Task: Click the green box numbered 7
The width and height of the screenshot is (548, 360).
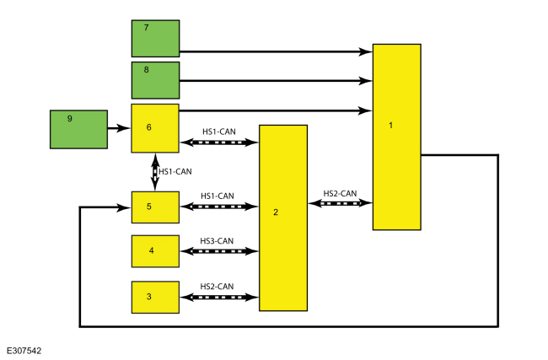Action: pos(155,38)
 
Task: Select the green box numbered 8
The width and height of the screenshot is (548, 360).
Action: pos(155,80)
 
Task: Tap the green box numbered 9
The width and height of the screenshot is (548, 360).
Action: pos(78,130)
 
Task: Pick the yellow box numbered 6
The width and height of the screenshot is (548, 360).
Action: pos(155,128)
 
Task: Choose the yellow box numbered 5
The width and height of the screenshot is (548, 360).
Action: pos(155,207)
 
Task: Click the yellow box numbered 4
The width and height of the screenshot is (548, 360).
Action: pos(155,250)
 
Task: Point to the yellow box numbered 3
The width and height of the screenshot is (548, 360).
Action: pos(155,297)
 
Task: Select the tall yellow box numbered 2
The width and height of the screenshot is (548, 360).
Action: pos(282,218)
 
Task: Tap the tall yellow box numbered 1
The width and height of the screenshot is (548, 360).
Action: pos(396,137)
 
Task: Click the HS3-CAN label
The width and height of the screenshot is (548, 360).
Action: pos(218,241)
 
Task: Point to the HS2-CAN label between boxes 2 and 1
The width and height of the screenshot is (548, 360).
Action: pos(341,193)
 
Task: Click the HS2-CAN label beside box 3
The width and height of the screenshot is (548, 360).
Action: pos(218,287)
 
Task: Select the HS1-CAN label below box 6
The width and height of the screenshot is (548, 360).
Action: pos(175,171)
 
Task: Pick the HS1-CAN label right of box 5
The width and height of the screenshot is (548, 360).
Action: pos(218,196)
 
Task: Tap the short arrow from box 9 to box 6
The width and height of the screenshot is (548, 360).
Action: pos(119,129)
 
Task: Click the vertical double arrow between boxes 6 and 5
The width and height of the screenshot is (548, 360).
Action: pos(154,172)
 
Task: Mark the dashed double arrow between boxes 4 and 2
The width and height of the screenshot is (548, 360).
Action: pos(218,251)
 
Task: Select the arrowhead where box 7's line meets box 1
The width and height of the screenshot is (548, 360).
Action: pos(366,52)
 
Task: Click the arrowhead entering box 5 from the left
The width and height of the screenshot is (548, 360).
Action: pos(126,207)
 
